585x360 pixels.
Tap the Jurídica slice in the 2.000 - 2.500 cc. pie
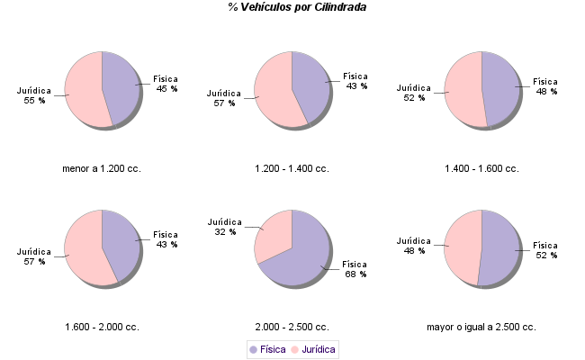(x=274, y=234)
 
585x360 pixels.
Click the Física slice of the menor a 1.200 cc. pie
(x=121, y=85)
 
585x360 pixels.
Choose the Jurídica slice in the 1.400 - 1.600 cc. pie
(x=463, y=90)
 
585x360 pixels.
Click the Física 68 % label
(x=355, y=269)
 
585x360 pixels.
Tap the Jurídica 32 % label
(x=224, y=227)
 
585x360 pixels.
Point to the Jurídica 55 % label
(x=34, y=95)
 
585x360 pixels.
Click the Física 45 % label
(x=166, y=84)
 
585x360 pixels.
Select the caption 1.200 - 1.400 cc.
(x=292, y=168)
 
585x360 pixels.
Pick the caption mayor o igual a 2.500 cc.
(x=481, y=327)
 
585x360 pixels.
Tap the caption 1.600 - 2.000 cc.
(x=102, y=327)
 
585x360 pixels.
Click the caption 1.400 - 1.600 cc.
(x=481, y=168)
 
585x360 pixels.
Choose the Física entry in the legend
(x=267, y=348)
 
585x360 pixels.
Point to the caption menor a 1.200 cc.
(x=102, y=168)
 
